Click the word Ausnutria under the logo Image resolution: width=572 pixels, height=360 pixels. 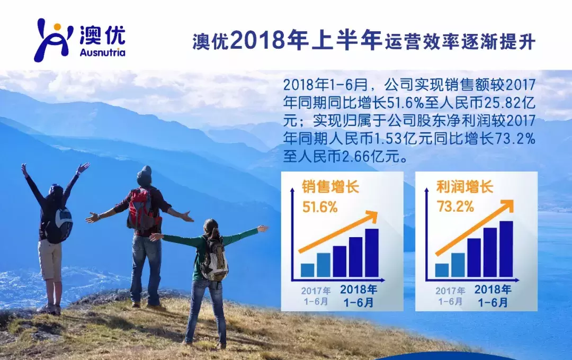tap(102, 53)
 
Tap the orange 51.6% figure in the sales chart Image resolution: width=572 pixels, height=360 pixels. tap(320, 207)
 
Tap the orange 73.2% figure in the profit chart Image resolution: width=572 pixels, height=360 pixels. tap(455, 207)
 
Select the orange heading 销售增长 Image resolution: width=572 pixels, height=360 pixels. tap(330, 187)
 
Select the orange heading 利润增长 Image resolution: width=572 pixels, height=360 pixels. tap(465, 187)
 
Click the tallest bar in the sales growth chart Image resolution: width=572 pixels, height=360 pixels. tap(372, 253)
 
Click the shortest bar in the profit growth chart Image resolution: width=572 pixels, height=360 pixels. tap(442, 270)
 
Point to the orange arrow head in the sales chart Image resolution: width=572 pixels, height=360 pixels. tap(371, 215)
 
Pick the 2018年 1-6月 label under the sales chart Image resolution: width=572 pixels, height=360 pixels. tap(359, 296)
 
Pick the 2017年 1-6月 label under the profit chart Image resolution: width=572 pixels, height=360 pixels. tap(450, 296)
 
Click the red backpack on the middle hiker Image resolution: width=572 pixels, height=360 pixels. tap(140, 209)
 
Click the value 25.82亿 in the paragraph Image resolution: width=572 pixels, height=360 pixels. tap(510, 103)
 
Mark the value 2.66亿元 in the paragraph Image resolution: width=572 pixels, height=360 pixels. tap(371, 157)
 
